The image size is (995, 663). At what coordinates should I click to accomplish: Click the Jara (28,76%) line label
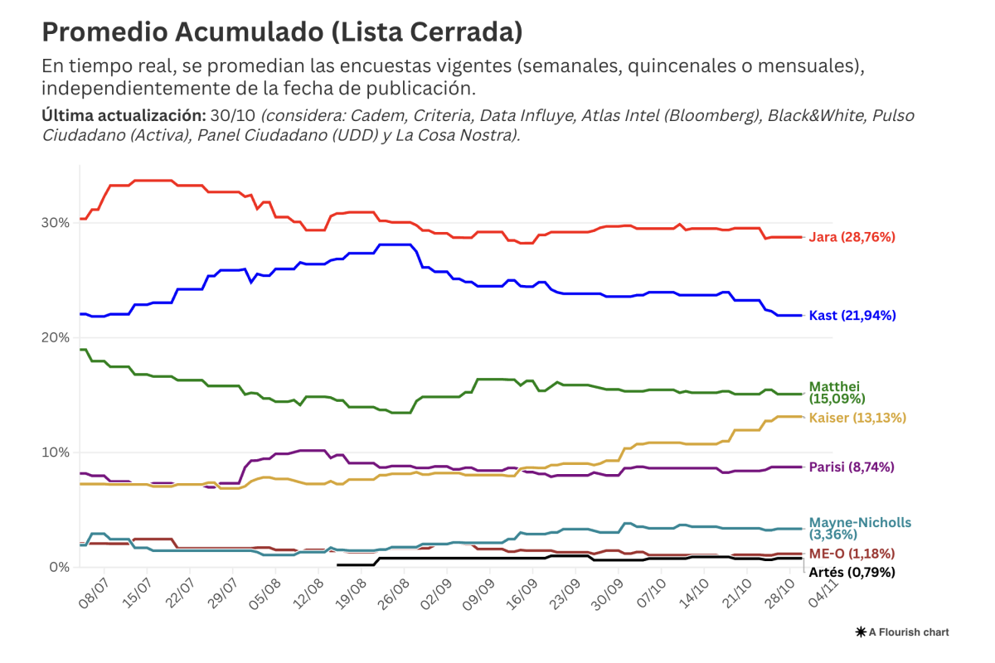(x=852, y=237)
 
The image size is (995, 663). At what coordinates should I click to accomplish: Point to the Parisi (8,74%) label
(x=852, y=467)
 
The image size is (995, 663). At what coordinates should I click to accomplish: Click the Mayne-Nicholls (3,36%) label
(x=860, y=529)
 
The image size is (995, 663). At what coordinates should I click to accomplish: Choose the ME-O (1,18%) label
(x=852, y=554)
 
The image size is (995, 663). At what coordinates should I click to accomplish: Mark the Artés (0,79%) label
(x=852, y=572)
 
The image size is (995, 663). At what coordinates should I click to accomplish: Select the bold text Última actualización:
(x=123, y=115)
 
